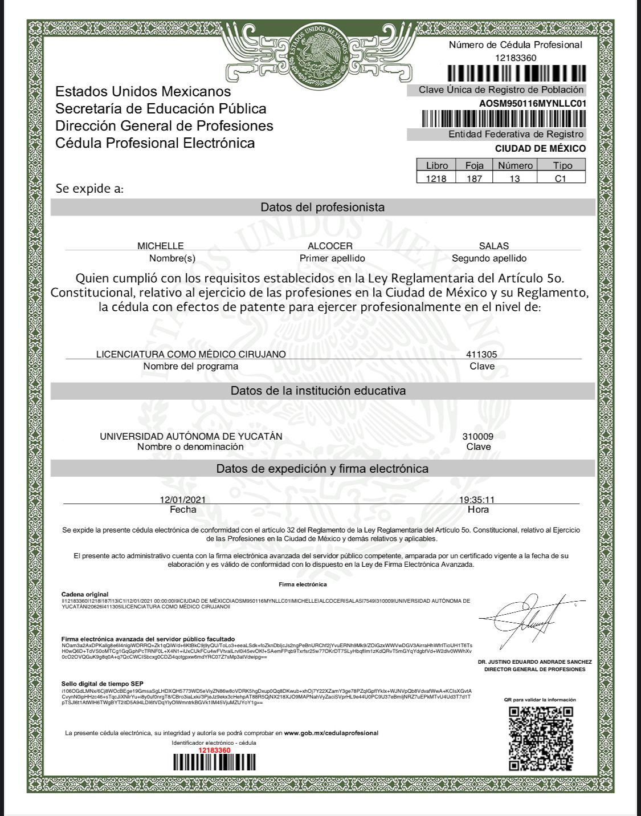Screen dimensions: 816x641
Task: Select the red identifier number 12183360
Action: pos(214,750)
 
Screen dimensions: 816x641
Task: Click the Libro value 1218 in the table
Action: pos(436,178)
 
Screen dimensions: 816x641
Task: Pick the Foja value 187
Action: pos(474,178)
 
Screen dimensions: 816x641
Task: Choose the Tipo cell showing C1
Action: pos(561,178)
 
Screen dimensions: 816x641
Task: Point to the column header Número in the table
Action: pos(515,165)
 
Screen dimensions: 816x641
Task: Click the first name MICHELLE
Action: pos(161,246)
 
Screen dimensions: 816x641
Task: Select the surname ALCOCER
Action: pos(330,246)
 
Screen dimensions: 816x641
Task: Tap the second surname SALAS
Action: pos(493,246)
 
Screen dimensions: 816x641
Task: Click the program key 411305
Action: pos(481,354)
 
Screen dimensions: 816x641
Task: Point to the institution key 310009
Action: pos(478,436)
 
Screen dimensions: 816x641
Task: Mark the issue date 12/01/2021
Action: pos(183,500)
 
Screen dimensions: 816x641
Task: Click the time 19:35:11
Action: pos(477,500)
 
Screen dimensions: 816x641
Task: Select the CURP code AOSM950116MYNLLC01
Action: pos(533,103)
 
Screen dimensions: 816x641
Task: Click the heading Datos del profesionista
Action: pos(322,207)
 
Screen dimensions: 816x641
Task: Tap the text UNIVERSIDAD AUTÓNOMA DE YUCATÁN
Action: pos(191,436)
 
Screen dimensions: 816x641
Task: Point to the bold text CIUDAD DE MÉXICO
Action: pos(540,148)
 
